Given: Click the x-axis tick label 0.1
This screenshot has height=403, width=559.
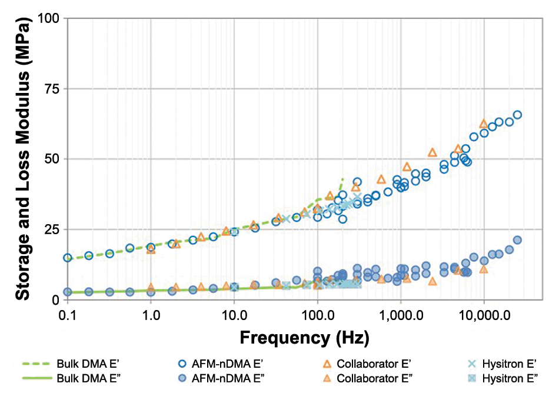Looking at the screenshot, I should [68, 315].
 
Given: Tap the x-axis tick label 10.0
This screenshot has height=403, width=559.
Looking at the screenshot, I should [234, 315].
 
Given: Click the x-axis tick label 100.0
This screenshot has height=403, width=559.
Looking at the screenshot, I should [317, 315].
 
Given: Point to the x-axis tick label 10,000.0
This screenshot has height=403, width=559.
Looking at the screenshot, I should [484, 315].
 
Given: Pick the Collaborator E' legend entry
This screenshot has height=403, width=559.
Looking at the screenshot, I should [365, 364].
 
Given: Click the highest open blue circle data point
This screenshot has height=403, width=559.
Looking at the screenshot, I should [517, 115].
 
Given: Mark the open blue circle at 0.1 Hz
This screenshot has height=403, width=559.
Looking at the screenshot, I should [68, 258].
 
